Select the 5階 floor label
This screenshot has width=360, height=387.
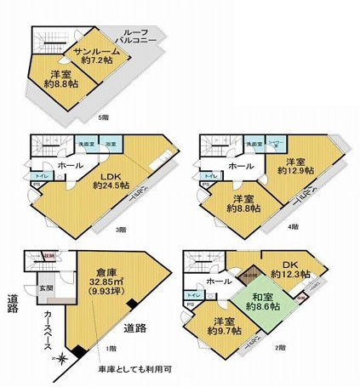click(104, 117)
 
